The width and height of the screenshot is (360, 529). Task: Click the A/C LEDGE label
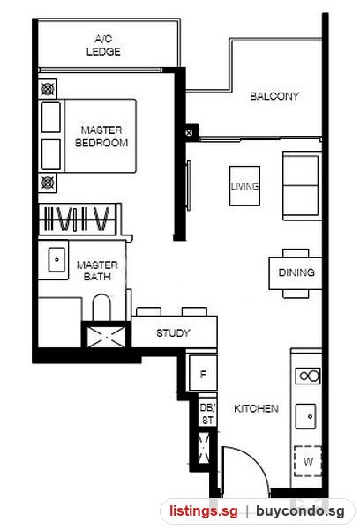[103, 45]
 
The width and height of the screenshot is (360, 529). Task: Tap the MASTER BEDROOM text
[101, 137]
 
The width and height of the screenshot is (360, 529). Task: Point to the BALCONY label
[274, 96]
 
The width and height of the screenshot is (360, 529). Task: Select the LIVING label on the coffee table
[244, 186]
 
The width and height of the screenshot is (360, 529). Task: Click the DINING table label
[296, 272]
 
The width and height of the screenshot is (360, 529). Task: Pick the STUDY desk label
[173, 333]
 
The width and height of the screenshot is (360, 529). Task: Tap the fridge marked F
[203, 374]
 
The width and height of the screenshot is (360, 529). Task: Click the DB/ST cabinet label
[207, 414]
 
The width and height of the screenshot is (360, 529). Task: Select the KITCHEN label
[256, 408]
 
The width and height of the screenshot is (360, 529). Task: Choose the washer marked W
[308, 461]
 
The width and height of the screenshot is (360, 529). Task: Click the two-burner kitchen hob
[308, 376]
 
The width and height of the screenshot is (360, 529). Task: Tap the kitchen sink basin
[306, 417]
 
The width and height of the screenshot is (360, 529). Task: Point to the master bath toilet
[101, 307]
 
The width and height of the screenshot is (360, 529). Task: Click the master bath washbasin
[56, 260]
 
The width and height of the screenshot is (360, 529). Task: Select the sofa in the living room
[302, 185]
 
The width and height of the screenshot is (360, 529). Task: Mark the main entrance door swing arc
[252, 458]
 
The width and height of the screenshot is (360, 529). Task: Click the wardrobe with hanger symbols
[78, 219]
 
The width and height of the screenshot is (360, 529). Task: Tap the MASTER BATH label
[97, 271]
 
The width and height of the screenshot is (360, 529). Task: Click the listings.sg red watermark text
[203, 511]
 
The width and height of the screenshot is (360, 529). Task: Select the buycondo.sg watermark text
[300, 511]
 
